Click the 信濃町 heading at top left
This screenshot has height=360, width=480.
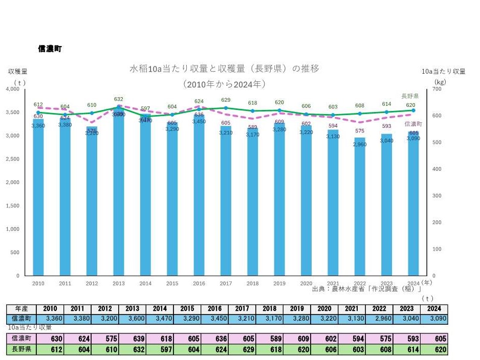point(50,49)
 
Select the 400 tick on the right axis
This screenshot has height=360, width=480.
point(437,169)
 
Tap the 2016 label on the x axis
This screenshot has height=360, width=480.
point(199,283)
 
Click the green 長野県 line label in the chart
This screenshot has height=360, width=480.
point(410,96)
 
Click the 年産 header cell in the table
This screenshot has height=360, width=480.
point(21,309)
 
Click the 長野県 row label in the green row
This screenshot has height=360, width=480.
point(21,350)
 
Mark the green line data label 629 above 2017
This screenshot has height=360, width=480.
point(226,100)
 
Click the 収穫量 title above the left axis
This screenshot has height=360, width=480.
point(17,72)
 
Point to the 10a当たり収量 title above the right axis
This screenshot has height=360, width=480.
point(444,72)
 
